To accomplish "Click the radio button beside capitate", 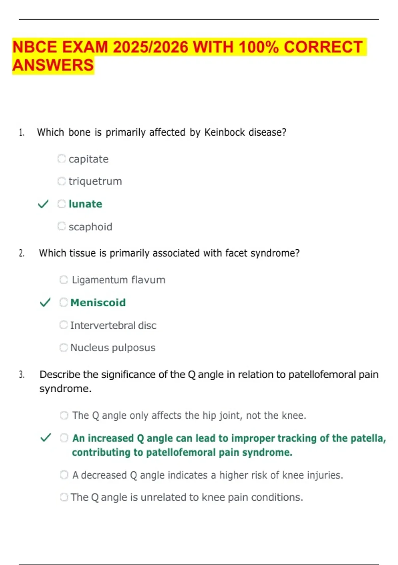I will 61,159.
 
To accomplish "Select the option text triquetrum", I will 95,181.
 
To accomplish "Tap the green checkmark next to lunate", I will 43,204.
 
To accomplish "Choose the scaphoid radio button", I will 61,226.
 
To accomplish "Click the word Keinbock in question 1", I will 224,132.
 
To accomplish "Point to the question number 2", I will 22,253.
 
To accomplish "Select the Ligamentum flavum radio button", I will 63,280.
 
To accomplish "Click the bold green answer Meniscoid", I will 98,302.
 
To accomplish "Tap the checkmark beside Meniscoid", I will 45,302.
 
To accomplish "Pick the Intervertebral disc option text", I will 113,325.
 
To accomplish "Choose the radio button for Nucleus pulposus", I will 63,348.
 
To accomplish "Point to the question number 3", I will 22,375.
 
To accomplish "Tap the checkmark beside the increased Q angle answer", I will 45,438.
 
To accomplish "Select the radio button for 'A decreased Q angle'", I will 64,475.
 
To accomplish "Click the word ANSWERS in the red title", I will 53,65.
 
